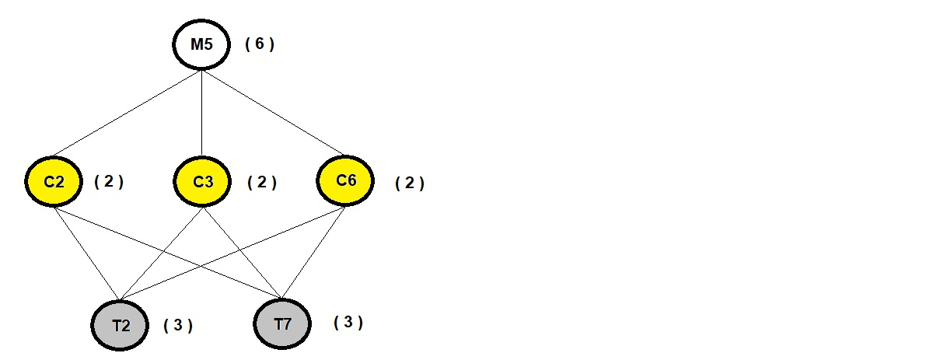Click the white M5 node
click(x=201, y=44)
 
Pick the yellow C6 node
click(x=346, y=181)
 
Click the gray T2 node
click(x=120, y=324)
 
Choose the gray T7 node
click(x=282, y=323)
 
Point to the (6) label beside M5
click(x=260, y=44)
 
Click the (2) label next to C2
click(x=109, y=182)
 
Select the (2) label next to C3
click(x=262, y=183)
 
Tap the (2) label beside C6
click(x=410, y=183)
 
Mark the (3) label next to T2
click(x=178, y=325)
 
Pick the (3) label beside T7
click(x=348, y=322)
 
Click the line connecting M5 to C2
click(x=128, y=113)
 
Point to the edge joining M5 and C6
click(x=271, y=111)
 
